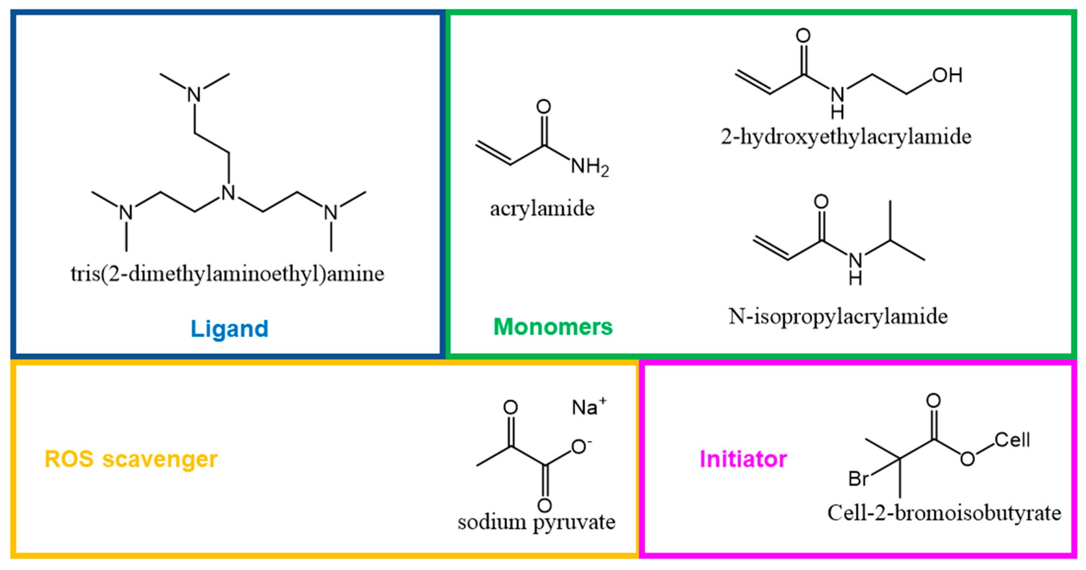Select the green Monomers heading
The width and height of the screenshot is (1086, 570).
(553, 327)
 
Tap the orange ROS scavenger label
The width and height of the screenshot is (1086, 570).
(131, 459)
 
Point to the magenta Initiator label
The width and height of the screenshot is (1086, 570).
(743, 459)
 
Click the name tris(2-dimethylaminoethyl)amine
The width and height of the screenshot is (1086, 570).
(227, 274)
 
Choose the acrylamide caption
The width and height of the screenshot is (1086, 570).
(542, 209)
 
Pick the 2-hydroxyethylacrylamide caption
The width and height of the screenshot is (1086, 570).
(846, 137)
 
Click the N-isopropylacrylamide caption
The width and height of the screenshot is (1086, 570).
(838, 316)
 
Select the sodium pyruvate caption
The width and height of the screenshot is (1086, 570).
(536, 522)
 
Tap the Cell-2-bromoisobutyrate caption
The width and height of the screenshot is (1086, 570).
(945, 513)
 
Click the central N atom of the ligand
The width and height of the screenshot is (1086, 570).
(229, 193)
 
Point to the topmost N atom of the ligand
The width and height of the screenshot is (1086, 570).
(194, 94)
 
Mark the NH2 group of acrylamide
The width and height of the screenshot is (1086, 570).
(589, 167)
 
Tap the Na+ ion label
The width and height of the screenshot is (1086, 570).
(588, 407)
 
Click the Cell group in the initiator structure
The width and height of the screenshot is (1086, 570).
(1012, 440)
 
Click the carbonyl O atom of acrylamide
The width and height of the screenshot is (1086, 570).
(544, 107)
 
